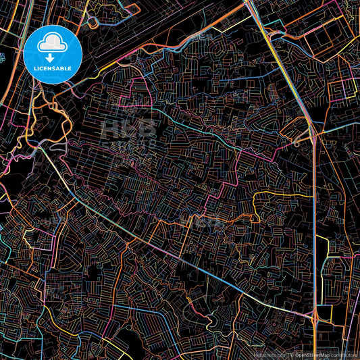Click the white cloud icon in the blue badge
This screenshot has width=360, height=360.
[x=53, y=43]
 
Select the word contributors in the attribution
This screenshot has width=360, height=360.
[x=344, y=355]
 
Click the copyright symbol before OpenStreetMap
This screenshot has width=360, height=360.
[x=292, y=355]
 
